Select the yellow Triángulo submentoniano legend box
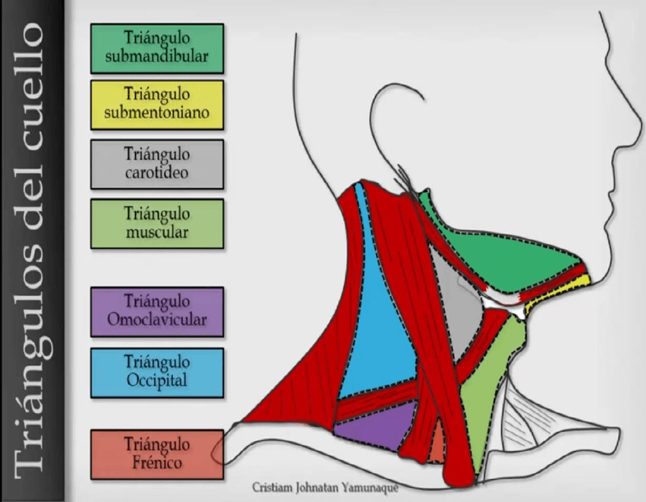157,105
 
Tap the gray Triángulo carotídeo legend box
157,163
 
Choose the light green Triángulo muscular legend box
157,223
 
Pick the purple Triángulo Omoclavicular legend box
157,311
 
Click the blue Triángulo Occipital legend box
157,372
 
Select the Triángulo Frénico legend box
157,453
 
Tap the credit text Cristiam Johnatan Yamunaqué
326,488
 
